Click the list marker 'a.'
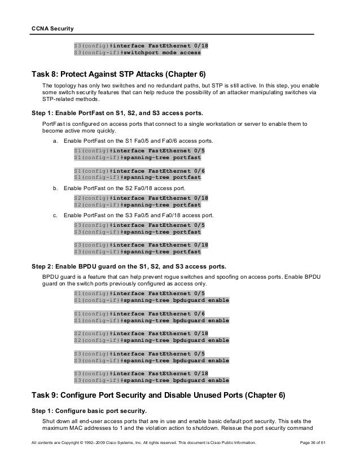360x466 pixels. tap(55, 140)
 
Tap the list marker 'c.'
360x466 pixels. tap(55, 215)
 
